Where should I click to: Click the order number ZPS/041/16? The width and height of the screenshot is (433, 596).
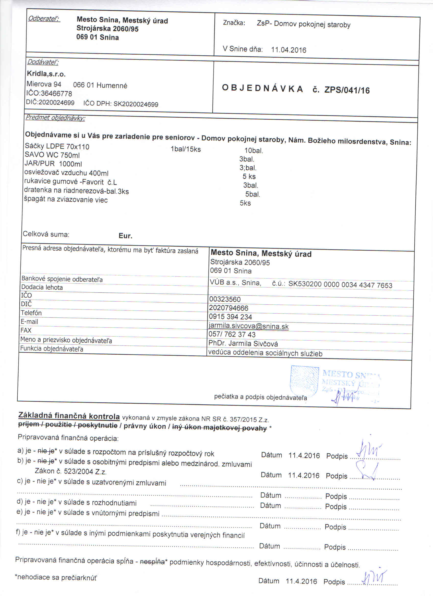pyautogui.click(x=347, y=90)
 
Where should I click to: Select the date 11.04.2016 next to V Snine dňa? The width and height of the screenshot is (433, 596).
pyautogui.click(x=288, y=50)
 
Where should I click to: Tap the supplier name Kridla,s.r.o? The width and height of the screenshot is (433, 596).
pyautogui.click(x=46, y=74)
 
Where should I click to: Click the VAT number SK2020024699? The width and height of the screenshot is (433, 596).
pyautogui.click(x=136, y=104)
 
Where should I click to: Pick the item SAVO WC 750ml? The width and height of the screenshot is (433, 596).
pyautogui.click(x=52, y=155)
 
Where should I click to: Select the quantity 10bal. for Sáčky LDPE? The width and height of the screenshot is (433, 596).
pyautogui.click(x=254, y=151)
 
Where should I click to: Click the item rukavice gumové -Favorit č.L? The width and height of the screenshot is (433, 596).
pyautogui.click(x=70, y=182)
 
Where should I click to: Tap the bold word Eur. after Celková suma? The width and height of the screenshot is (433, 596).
pyautogui.click(x=125, y=236)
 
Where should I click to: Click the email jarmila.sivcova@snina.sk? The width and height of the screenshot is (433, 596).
pyautogui.click(x=248, y=327)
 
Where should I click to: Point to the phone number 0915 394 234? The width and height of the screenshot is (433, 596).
pyautogui.click(x=230, y=317)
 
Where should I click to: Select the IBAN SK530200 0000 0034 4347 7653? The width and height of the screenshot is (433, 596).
pyautogui.click(x=340, y=285)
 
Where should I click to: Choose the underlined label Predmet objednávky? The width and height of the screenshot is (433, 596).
pyautogui.click(x=55, y=118)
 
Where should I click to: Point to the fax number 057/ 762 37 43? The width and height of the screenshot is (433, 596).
pyautogui.click(x=232, y=334)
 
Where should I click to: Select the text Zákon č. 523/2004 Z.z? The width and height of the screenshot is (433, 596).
pyautogui.click(x=70, y=472)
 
